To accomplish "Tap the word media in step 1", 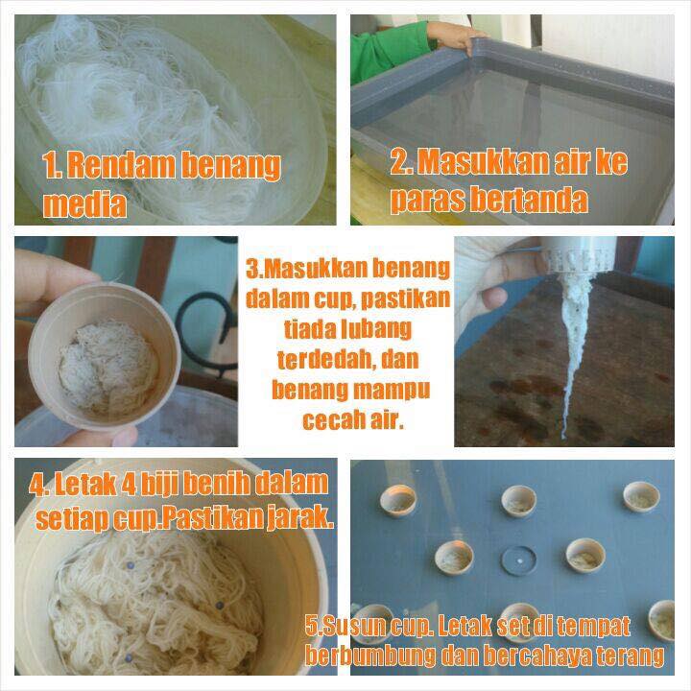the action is pos(84,204).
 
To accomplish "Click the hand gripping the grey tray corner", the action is pos(455,36).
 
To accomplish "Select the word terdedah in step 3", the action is pos(326,360).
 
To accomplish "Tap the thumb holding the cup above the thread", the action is pos(493,298).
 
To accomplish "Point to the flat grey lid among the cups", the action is pos(518,560).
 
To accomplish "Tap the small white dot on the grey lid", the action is pos(520,561).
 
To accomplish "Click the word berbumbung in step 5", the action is pos(370,655).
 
